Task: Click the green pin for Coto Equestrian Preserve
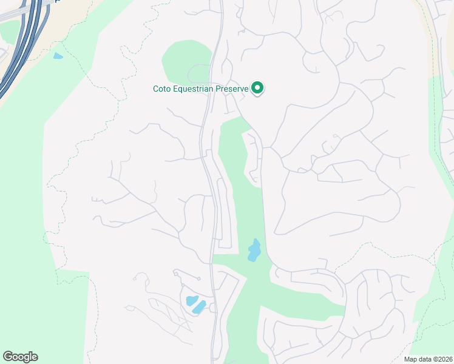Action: (x=257, y=88)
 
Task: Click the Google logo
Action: (x=20, y=357)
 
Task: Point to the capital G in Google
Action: (x=8, y=357)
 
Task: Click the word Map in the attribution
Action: (x=411, y=359)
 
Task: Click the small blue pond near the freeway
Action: (x=58, y=56)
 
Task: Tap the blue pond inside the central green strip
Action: (x=254, y=251)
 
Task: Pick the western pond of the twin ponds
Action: (x=191, y=300)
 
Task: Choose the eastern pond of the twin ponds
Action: (x=199, y=307)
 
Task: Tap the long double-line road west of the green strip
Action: (x=209, y=182)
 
